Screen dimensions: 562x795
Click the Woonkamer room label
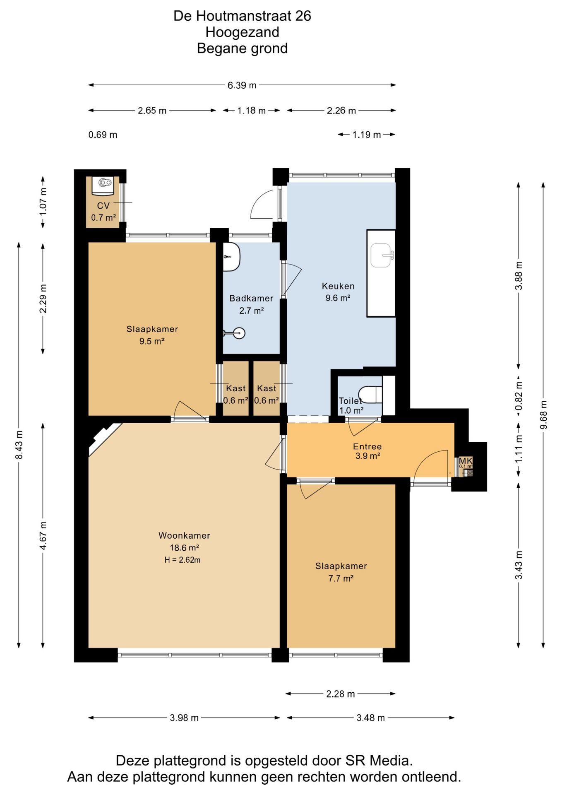(x=184, y=535)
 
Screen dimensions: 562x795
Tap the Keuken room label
(x=338, y=286)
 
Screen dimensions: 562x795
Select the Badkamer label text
(x=251, y=298)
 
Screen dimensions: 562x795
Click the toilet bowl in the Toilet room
(x=370, y=394)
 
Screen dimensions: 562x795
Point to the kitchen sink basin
(x=381, y=255)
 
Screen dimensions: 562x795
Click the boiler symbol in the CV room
(x=103, y=185)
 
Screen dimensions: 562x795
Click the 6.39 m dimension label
(x=242, y=85)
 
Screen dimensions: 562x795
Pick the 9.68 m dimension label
(x=543, y=415)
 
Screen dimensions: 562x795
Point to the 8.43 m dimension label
(x=19, y=445)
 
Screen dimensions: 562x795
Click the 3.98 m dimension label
(x=184, y=718)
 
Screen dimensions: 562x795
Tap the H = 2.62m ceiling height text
(x=183, y=560)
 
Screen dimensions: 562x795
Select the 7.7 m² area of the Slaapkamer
(x=341, y=578)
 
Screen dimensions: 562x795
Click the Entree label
(x=367, y=446)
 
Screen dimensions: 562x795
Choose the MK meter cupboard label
(x=466, y=461)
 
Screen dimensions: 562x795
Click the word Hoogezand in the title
(x=242, y=32)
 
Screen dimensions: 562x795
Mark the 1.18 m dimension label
(x=251, y=111)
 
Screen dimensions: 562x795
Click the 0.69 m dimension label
(x=103, y=135)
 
